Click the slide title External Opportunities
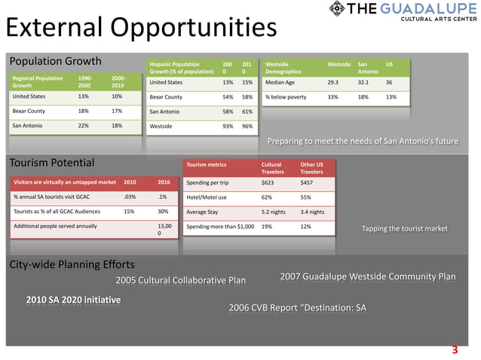pyautogui.click(x=141, y=29)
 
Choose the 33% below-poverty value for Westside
pyautogui.click(x=332, y=96)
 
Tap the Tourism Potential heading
pyautogui.click(x=51, y=163)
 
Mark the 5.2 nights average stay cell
pyautogui.click(x=274, y=212)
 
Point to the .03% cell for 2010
pyautogui.click(x=129, y=197)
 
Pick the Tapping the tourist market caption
pyautogui.click(x=404, y=228)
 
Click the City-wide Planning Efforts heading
pyautogui.click(x=72, y=264)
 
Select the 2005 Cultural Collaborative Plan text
pyautogui.click(x=181, y=281)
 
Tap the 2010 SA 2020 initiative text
pyautogui.click(x=73, y=300)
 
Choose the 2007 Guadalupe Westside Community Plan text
pyautogui.click(x=367, y=276)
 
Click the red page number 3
pyautogui.click(x=455, y=349)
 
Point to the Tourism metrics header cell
pyautogui.click(x=207, y=163)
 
